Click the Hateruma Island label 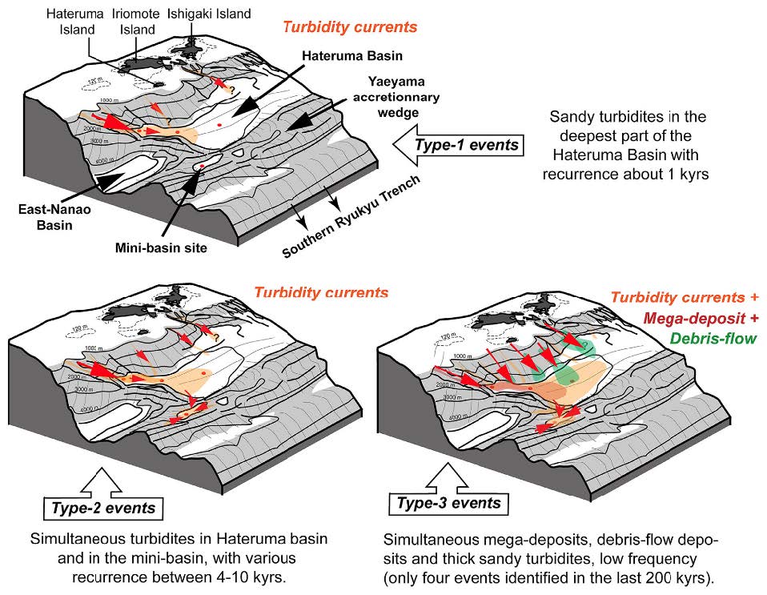(73, 22)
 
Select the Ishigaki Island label (210, 14)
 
